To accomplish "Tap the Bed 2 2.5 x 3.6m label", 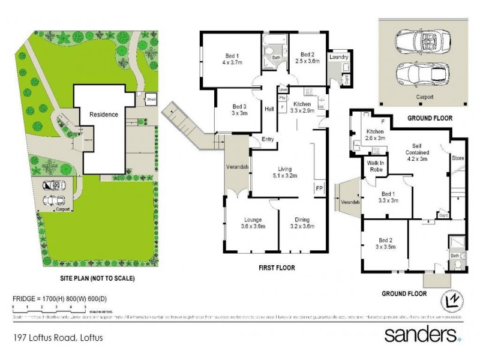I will pos(307,57).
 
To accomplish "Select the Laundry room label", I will pos(338,58).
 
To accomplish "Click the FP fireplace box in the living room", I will pos(319,188).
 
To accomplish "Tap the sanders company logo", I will pos(422,334).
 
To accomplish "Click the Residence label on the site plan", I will pos(104,114).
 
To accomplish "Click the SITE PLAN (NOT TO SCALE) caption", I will pos(97,278).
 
